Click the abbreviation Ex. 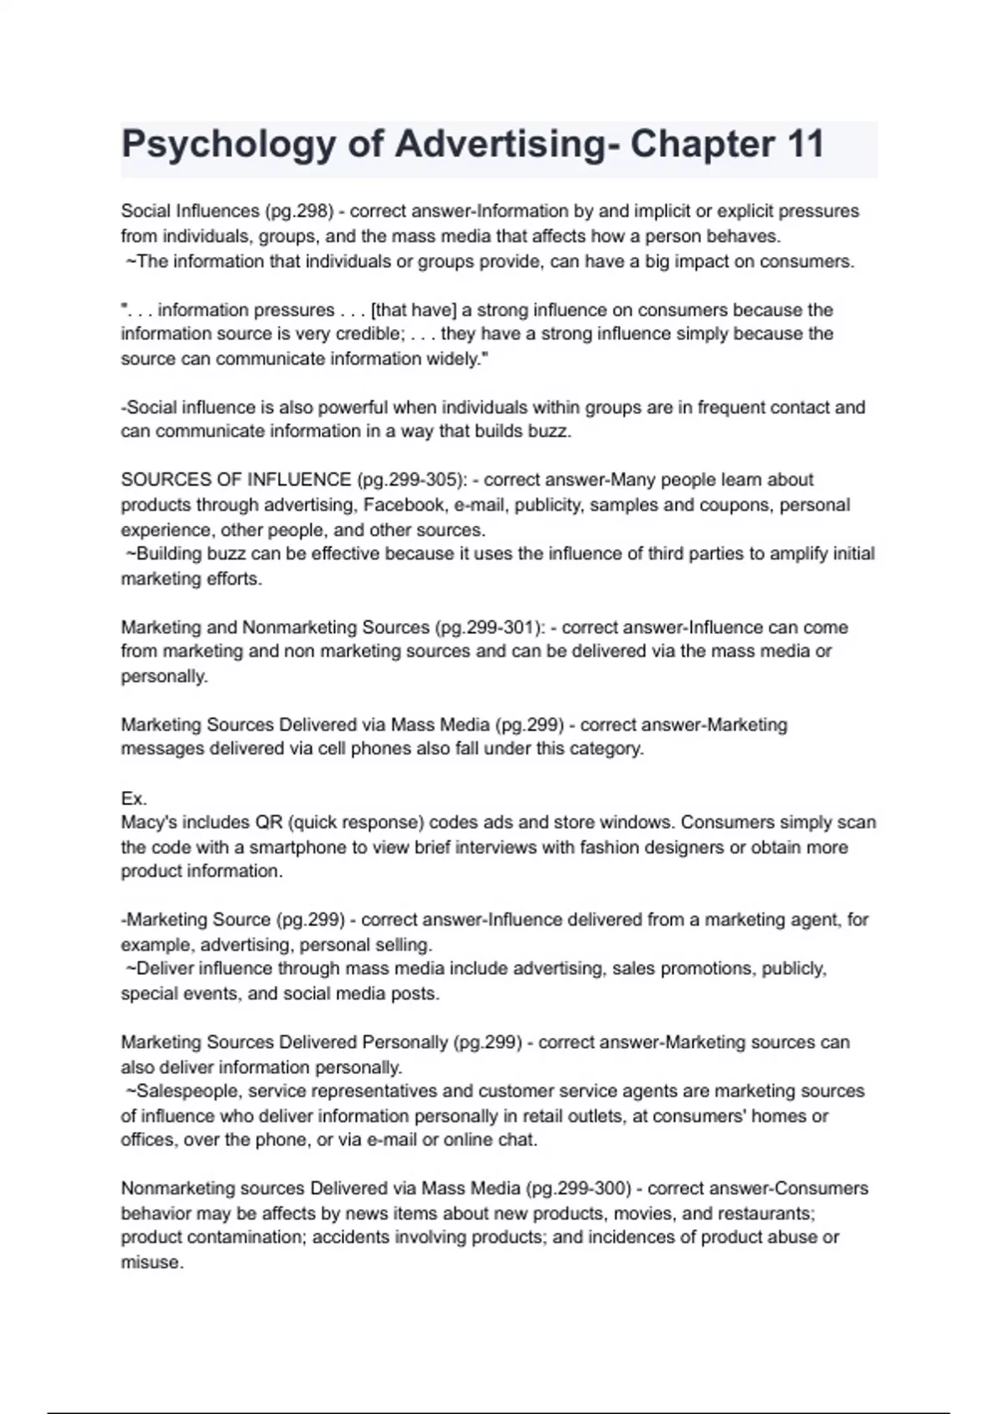(134, 798)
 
